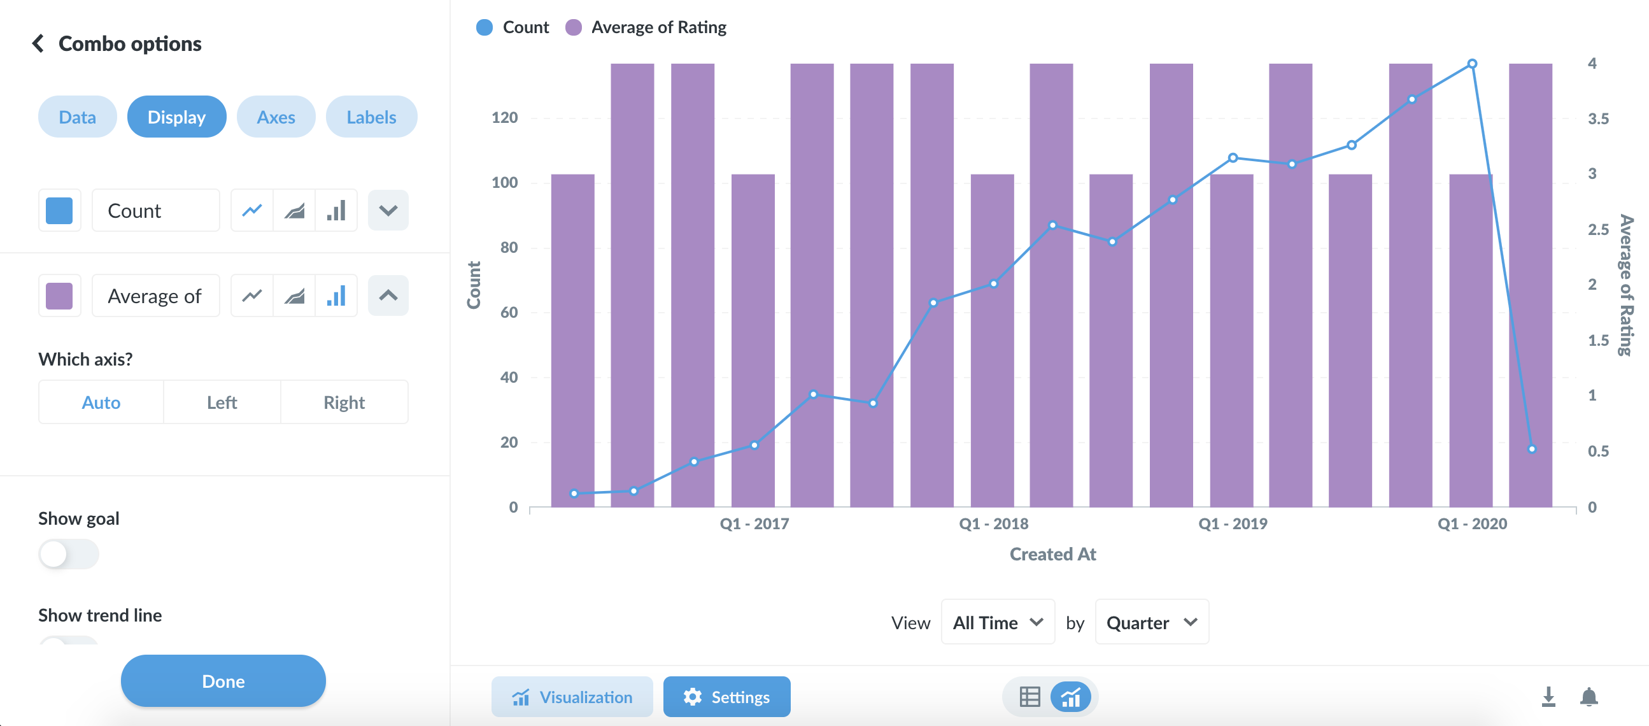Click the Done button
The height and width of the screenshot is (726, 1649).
[223, 681]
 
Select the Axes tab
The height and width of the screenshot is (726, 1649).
[276, 117]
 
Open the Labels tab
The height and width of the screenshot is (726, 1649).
[371, 117]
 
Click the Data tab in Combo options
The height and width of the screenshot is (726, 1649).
[78, 117]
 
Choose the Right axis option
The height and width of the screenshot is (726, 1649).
[344, 402]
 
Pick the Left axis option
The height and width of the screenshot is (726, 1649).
[222, 402]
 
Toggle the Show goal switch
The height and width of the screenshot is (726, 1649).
[69, 554]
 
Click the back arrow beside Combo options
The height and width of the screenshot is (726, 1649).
[38, 43]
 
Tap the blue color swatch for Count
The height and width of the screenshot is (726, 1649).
[60, 211]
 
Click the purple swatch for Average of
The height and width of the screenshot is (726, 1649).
[60, 295]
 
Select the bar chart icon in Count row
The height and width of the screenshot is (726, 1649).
[336, 211]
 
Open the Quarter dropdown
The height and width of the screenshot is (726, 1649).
[1152, 622]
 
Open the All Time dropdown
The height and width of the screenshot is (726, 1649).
[997, 622]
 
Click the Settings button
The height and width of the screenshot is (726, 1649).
[726, 697]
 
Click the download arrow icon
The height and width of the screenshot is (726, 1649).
[1548, 697]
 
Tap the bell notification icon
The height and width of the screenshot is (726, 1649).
[1589, 697]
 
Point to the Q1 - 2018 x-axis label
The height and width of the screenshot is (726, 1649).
[993, 523]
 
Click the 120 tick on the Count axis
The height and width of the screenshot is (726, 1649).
[504, 118]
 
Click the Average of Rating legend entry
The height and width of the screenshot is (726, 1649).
[646, 27]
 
